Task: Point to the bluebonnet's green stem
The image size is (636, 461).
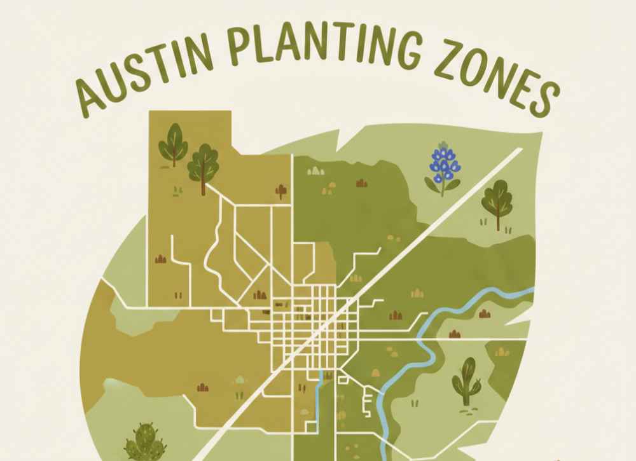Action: point(441,186)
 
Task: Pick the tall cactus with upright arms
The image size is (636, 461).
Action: point(466,381)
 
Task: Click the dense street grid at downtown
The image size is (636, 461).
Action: point(312,324)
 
